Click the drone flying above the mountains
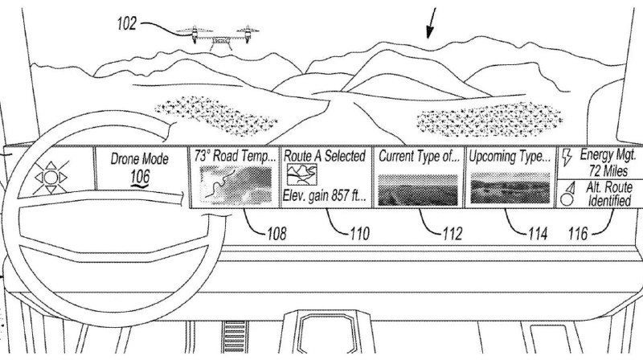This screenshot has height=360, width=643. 217,38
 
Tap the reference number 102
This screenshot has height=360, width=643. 126,23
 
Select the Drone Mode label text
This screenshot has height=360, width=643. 139,159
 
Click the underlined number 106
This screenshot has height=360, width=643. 139,177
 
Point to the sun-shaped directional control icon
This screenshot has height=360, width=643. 51,178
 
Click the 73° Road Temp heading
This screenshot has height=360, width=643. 235,156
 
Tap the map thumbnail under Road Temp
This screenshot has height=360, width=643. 235,186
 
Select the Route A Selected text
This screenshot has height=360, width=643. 325,156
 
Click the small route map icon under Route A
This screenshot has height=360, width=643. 302,174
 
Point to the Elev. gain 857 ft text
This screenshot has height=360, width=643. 324,195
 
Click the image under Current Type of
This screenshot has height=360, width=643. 417,190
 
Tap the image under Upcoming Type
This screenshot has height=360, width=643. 510,188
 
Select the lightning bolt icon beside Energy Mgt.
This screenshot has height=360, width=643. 567,157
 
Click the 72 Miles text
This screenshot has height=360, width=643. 608,170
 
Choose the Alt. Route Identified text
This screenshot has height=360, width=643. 609,194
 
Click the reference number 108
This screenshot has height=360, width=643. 276,233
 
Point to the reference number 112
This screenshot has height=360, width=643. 453,234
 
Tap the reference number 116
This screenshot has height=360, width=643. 578,234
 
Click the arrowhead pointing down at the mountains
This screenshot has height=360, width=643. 429,32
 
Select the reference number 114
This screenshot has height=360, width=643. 538,234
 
